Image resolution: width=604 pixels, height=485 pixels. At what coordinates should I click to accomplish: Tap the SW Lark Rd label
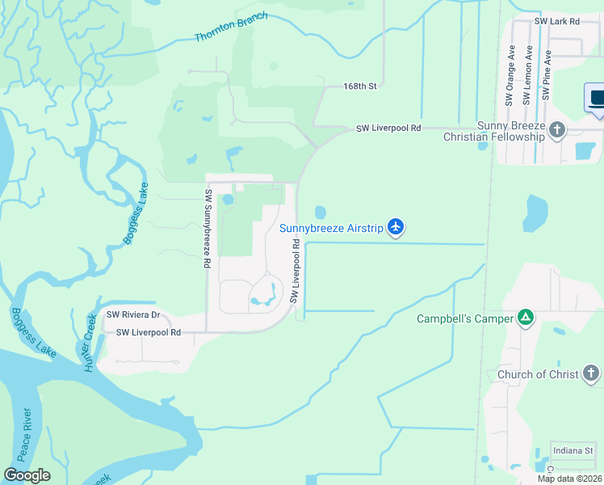(x=557, y=22)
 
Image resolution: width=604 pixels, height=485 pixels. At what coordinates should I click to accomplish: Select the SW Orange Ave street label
(x=510, y=75)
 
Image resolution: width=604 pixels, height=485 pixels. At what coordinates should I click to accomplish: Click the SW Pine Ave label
(x=547, y=75)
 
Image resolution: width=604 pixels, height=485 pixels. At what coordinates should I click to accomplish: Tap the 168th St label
(x=360, y=85)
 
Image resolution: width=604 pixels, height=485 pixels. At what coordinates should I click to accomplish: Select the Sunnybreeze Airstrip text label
(x=331, y=229)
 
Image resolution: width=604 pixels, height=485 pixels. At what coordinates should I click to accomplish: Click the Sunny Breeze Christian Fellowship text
(x=494, y=131)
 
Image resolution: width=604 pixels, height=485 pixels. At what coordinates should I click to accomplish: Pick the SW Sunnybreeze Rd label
(x=208, y=229)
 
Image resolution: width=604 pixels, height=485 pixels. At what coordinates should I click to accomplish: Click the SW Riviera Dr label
(x=133, y=315)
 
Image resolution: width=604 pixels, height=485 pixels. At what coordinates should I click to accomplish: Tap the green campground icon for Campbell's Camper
(x=526, y=318)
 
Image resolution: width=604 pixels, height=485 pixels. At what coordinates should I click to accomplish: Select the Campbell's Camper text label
(x=464, y=318)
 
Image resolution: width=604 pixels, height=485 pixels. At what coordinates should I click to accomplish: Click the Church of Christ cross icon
(x=591, y=373)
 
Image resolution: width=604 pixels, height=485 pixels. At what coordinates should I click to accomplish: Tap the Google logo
(x=27, y=475)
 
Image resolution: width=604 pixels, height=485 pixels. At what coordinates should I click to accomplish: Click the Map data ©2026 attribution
(x=569, y=479)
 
